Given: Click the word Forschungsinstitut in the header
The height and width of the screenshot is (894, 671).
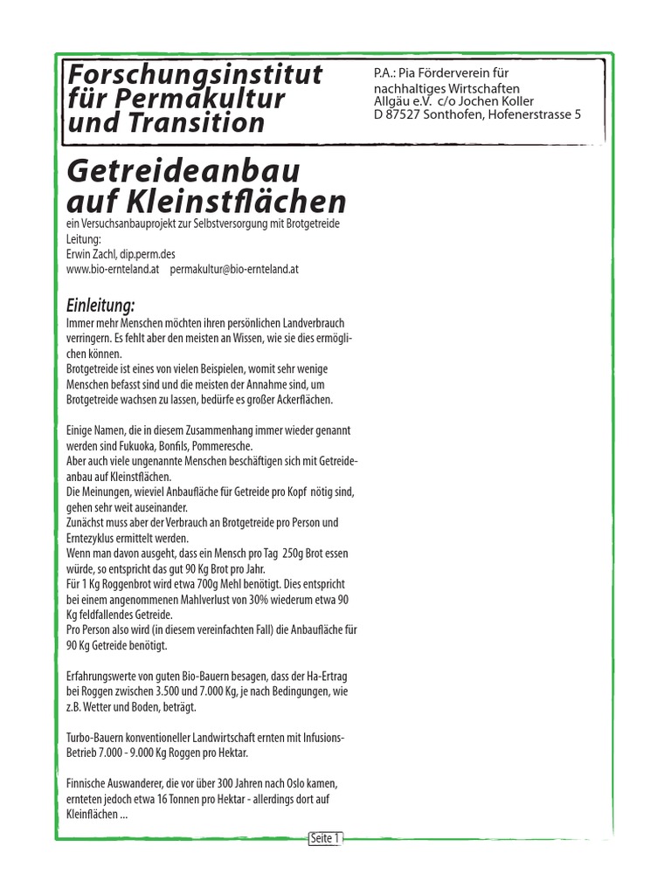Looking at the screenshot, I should (195, 74).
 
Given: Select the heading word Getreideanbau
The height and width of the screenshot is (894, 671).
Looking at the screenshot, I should (179, 169).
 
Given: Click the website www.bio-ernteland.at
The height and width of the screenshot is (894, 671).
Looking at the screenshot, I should (113, 270).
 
